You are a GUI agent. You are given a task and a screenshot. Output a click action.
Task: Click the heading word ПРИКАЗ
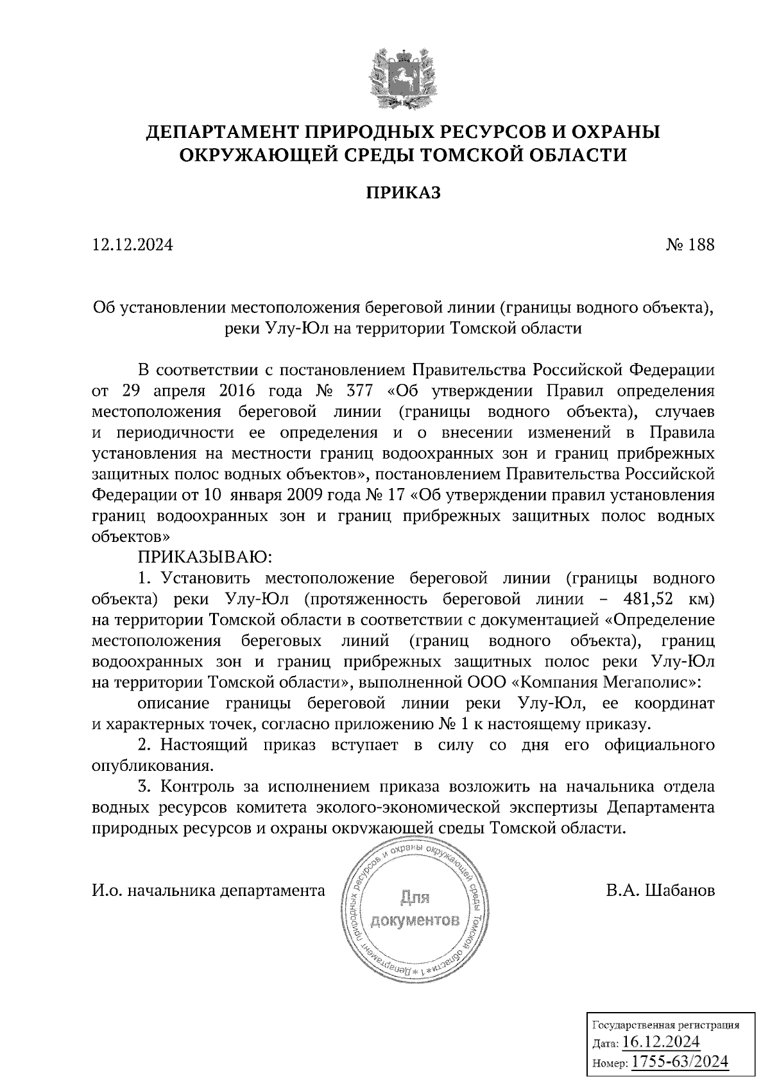(x=404, y=192)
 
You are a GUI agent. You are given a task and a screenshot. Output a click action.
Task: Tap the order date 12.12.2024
(x=133, y=245)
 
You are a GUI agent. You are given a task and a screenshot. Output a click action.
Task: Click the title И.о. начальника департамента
(x=209, y=891)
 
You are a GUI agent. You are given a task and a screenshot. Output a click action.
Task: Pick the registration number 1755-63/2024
(x=680, y=1062)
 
